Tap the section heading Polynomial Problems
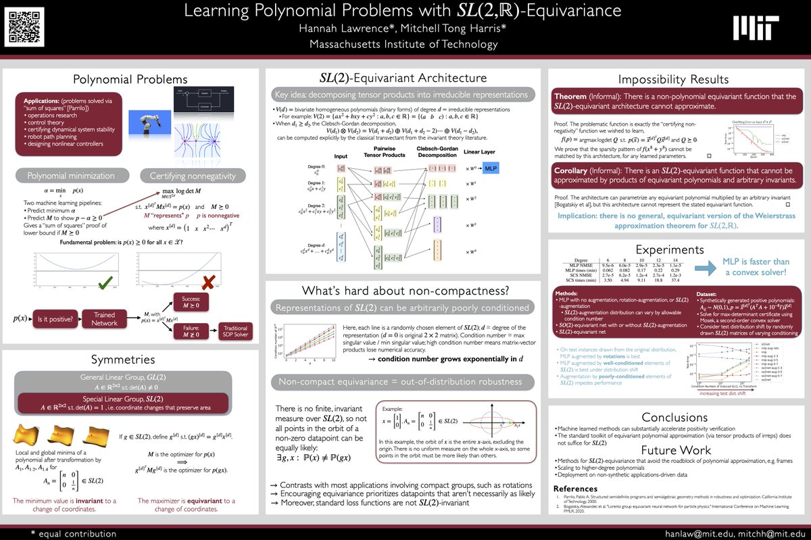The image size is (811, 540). pos(130,79)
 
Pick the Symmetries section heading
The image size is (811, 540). pos(130,359)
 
